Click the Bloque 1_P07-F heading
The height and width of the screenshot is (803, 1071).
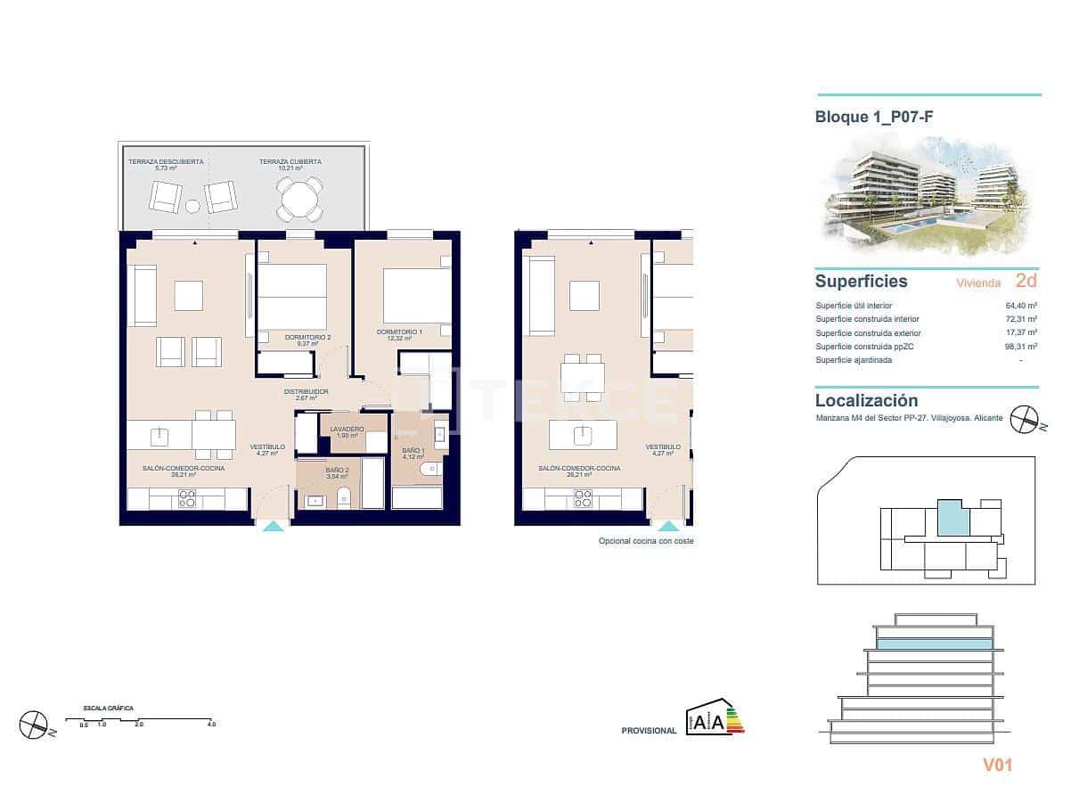click(x=874, y=116)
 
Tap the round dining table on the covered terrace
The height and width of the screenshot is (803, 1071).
click(x=300, y=201)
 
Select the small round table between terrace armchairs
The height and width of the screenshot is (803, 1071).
click(x=192, y=207)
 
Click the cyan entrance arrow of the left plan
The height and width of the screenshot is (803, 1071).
click(x=273, y=526)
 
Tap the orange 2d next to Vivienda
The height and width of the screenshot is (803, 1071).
click(x=1026, y=281)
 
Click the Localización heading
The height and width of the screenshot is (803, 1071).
click(x=866, y=401)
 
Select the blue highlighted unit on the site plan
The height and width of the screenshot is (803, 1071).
click(x=952, y=518)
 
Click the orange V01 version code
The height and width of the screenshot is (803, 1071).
click(x=997, y=765)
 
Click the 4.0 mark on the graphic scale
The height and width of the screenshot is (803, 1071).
click(x=211, y=725)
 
